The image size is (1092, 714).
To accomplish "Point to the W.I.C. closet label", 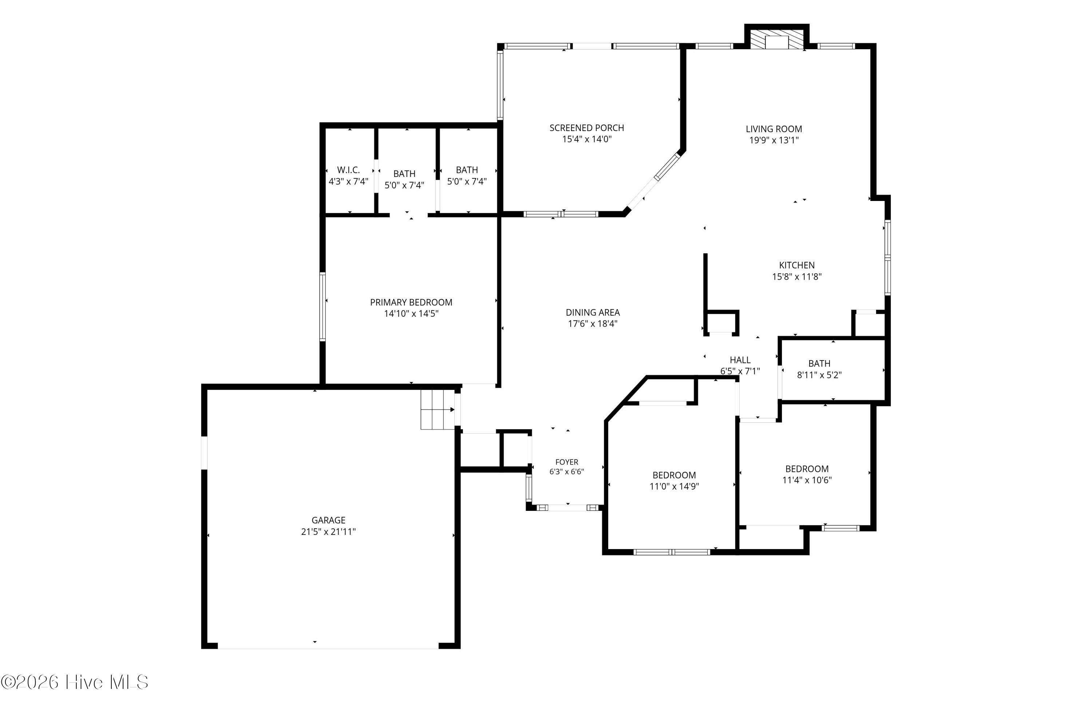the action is pos(348,170).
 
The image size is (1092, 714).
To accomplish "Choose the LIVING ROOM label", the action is pos(774,129).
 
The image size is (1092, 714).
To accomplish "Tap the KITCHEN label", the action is pos(797,265).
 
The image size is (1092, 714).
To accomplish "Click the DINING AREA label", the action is pos(593,312).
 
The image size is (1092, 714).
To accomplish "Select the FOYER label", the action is pos(567,462).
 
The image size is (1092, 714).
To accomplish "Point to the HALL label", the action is pos(740,360).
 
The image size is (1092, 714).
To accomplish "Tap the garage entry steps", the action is pos(438,409).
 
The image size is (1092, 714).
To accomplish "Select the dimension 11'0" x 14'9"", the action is pos(674,486).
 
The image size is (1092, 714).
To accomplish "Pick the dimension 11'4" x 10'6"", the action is pos(807,480).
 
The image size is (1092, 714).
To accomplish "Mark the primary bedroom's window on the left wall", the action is pos(323,307).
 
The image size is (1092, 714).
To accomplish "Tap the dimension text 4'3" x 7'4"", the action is pos(348,181).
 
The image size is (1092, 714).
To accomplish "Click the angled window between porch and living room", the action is pos(667,166).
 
